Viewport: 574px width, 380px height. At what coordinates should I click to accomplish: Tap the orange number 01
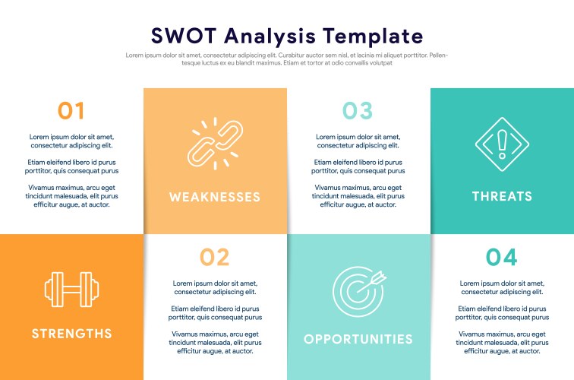click(71, 111)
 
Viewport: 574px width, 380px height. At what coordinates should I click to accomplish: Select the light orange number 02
click(215, 257)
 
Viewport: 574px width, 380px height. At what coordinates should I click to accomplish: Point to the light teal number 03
click(358, 111)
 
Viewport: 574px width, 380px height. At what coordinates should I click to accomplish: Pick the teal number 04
click(501, 257)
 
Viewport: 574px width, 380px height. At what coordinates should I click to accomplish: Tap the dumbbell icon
click(71, 290)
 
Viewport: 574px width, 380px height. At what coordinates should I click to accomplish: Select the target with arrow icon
click(358, 290)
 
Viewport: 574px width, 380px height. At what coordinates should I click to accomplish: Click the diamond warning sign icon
click(501, 144)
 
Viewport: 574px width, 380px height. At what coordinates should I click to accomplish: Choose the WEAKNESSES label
click(215, 197)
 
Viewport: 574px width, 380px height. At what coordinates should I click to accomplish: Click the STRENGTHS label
click(71, 333)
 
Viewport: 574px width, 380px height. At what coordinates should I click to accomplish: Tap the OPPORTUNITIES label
click(358, 339)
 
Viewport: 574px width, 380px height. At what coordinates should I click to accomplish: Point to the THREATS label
click(502, 196)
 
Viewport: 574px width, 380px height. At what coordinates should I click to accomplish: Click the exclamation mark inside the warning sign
click(501, 142)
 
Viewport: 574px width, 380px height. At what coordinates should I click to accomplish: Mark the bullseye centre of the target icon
click(355, 292)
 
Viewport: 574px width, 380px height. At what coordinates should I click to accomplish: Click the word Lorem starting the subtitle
click(134, 55)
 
